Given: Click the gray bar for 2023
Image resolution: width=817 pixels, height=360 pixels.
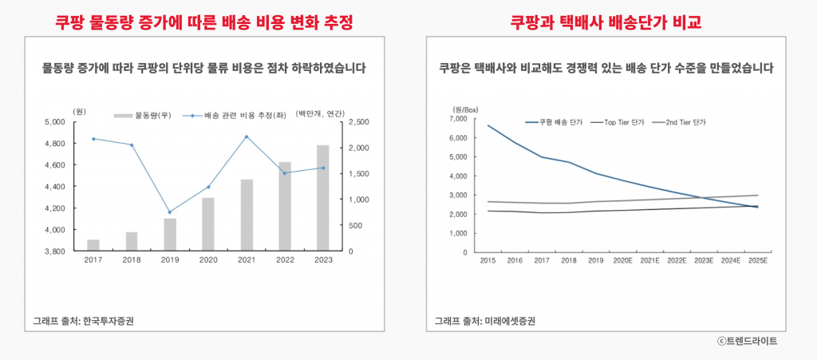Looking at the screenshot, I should [x=323, y=198].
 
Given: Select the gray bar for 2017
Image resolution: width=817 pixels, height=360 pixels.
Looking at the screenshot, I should [x=93, y=245].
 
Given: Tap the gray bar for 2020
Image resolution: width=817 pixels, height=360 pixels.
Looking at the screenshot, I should [x=208, y=224].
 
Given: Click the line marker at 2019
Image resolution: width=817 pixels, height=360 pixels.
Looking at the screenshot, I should [x=170, y=212].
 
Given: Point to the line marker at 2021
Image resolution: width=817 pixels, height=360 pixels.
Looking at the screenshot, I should [x=247, y=136].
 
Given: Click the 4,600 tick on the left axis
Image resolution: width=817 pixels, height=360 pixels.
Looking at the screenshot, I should [x=53, y=165].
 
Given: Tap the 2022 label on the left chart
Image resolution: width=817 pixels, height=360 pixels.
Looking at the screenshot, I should [x=285, y=259].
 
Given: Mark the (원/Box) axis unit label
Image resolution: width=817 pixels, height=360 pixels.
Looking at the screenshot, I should [x=465, y=108].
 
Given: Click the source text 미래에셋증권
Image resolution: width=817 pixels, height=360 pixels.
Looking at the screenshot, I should [x=509, y=321].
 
